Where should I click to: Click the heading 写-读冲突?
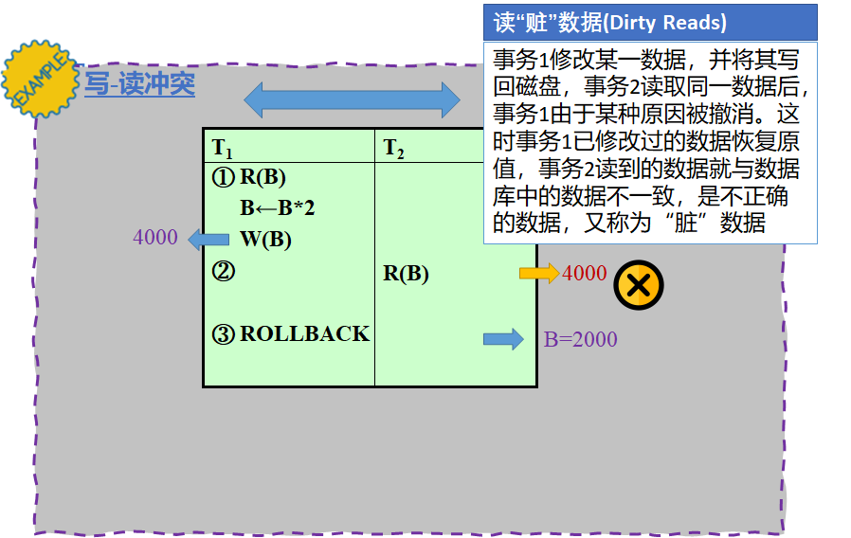[139, 84]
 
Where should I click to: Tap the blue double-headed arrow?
[352, 99]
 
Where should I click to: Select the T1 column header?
[223, 148]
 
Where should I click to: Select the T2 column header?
[393, 148]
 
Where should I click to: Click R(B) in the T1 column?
[263, 177]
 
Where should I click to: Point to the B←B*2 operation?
[277, 208]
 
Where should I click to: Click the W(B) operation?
[265, 239]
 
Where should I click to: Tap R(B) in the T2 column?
[406, 274]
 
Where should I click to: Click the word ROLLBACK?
[304, 334]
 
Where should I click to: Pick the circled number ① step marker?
[223, 177]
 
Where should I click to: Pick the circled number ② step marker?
[223, 272]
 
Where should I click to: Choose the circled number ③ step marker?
[223, 334]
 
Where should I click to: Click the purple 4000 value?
[155, 237]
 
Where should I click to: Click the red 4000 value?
[584, 273]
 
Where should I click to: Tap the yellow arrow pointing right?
[539, 273]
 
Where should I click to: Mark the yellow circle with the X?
[638, 285]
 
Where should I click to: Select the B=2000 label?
[580, 339]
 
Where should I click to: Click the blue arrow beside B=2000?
[503, 339]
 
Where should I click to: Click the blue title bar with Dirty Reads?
[650, 22]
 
